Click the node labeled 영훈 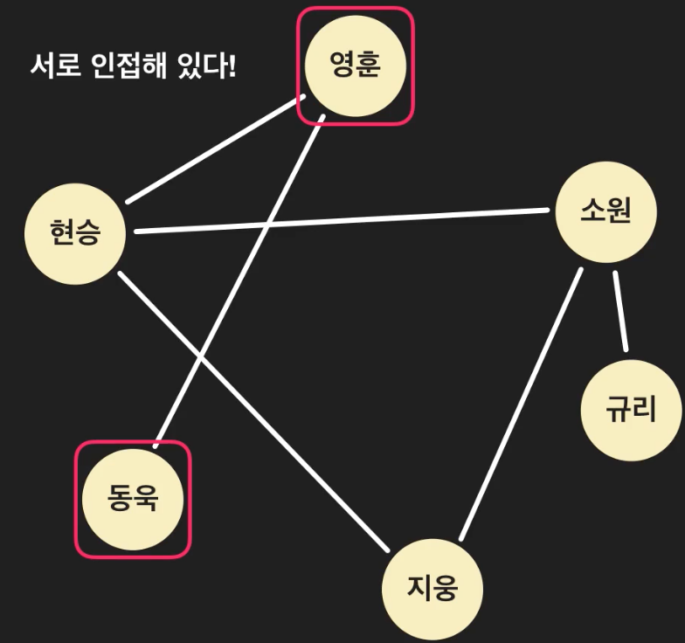pyautogui.click(x=356, y=66)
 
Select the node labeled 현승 pyautogui.click(x=75, y=233)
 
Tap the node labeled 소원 pyautogui.click(x=605, y=212)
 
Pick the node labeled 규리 pyautogui.click(x=631, y=409)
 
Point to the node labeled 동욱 pyautogui.click(x=133, y=500)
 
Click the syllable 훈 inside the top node pyautogui.click(x=369, y=66)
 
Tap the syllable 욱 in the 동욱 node pyautogui.click(x=146, y=500)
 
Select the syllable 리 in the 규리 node pyautogui.click(x=644, y=409)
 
